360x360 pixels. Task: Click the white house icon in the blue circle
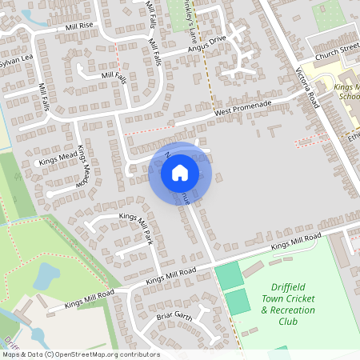(180, 172)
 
